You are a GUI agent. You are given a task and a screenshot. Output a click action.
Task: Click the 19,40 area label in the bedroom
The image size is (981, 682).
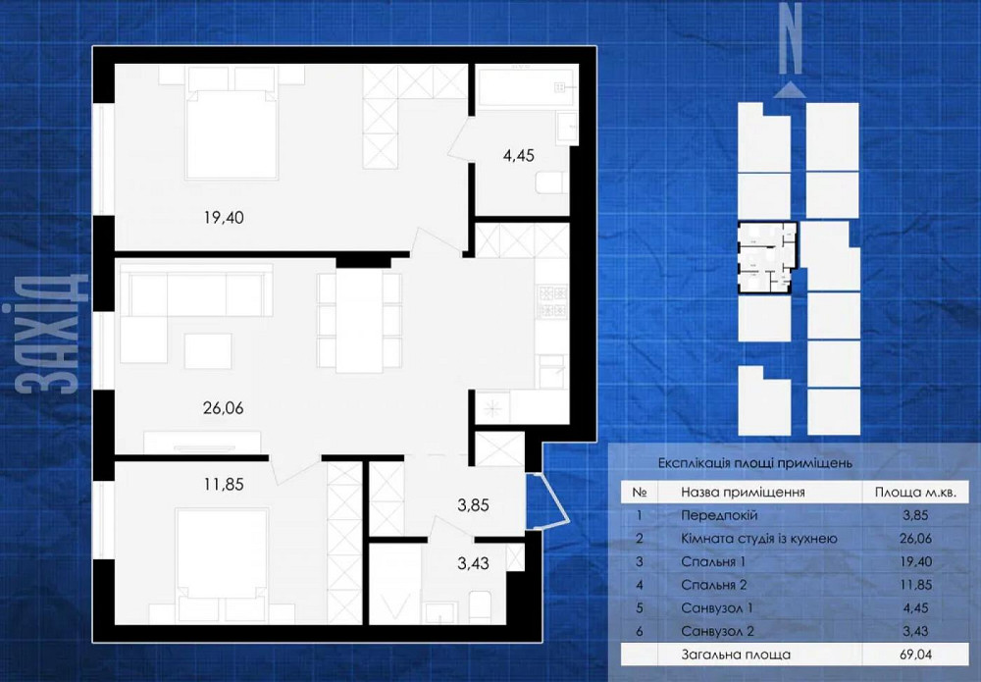pyautogui.click(x=224, y=218)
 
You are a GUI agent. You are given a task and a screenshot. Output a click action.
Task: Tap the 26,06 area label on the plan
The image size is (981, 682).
pyautogui.click(x=224, y=408)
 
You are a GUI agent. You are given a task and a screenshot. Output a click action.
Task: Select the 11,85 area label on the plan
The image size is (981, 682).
pyautogui.click(x=224, y=485)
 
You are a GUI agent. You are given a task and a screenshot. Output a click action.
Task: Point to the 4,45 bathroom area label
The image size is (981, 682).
pyautogui.click(x=519, y=155)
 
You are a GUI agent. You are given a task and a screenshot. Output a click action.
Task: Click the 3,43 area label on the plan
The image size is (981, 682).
pyautogui.click(x=473, y=563)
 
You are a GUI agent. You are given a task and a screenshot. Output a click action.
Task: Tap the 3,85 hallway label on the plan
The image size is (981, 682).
pyautogui.click(x=473, y=505)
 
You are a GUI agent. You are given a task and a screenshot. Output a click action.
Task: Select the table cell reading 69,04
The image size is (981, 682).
pyautogui.click(x=914, y=655)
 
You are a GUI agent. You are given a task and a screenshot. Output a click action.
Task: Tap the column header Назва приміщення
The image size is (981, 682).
pyautogui.click(x=743, y=493)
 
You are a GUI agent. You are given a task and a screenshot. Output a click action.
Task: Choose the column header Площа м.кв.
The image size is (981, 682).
pyautogui.click(x=915, y=493)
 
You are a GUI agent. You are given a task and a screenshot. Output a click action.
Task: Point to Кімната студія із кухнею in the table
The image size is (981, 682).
pyautogui.click(x=759, y=539)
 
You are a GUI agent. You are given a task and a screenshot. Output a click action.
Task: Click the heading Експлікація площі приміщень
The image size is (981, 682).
pyautogui.click(x=755, y=463)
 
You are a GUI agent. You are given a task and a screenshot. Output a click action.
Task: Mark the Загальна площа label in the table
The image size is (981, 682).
pyautogui.click(x=736, y=656)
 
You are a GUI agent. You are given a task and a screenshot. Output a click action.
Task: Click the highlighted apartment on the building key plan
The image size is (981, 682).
pyautogui.click(x=768, y=257)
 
